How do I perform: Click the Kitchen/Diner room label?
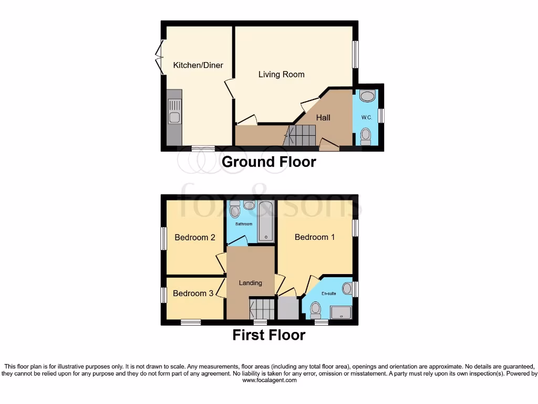(x=198, y=65)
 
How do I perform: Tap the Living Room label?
(x=281, y=74)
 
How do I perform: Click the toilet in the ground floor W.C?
(x=366, y=135)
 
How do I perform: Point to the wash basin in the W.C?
(x=367, y=97)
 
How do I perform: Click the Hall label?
(x=323, y=117)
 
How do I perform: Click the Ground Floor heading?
(x=269, y=161)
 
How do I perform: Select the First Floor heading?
(x=269, y=335)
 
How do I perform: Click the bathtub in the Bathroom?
(x=267, y=221)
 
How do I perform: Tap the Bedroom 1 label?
(x=315, y=237)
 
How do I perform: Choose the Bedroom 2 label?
(x=195, y=237)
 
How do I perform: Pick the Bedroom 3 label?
(x=193, y=293)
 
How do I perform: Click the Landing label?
(x=251, y=282)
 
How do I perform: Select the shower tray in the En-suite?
(x=341, y=312)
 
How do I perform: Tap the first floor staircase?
(x=262, y=308)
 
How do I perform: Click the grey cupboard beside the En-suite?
(x=287, y=308)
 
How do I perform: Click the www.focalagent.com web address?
(x=269, y=380)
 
